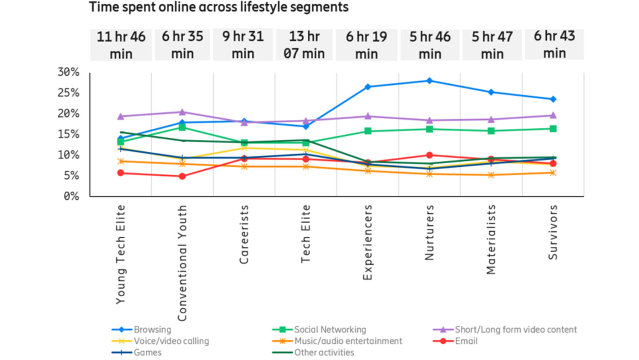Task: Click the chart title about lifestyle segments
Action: point(218,7)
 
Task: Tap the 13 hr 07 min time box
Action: point(304,44)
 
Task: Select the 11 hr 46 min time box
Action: point(121,45)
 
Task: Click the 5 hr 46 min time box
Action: point(430,45)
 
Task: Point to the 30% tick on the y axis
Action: point(68,72)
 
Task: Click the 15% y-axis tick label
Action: point(68,134)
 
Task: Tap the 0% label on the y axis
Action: point(71,196)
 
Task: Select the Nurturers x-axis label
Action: point(429,233)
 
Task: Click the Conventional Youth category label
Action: point(183,263)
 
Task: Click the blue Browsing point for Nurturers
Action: point(430,81)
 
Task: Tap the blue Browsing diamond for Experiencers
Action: point(368,87)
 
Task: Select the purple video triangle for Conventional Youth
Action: point(182,112)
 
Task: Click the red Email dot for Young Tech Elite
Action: point(121,173)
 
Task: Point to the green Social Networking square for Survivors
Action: point(553,129)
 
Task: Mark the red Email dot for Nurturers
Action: point(430,155)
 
